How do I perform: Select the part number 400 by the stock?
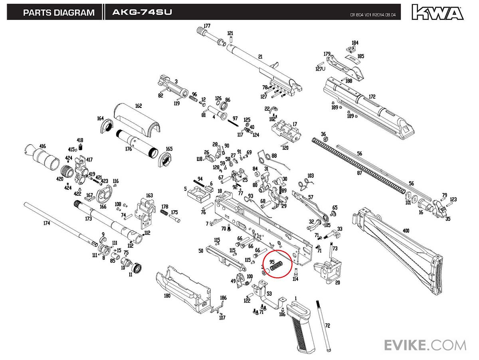(406, 231)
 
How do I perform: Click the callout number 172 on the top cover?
(372, 97)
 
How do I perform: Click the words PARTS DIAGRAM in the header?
(59, 12)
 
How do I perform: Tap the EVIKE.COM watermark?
(425, 345)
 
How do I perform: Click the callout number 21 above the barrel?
(260, 57)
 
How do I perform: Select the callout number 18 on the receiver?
(220, 191)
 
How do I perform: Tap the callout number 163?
(149, 195)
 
